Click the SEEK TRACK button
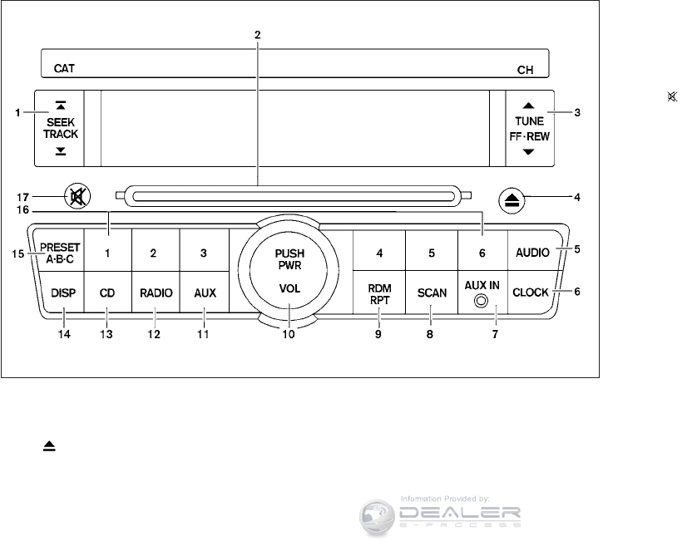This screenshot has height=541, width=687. tap(60, 127)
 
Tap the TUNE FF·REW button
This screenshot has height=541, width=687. tap(527, 127)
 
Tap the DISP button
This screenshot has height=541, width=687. tap(62, 293)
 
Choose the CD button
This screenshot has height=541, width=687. tap(107, 293)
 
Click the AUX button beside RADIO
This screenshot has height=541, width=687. tap(205, 293)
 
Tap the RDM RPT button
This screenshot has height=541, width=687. tap(379, 293)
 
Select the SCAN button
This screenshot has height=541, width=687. tap(432, 293)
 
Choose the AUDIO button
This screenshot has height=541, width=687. tap(531, 252)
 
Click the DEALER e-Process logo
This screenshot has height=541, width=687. tap(441, 512)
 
